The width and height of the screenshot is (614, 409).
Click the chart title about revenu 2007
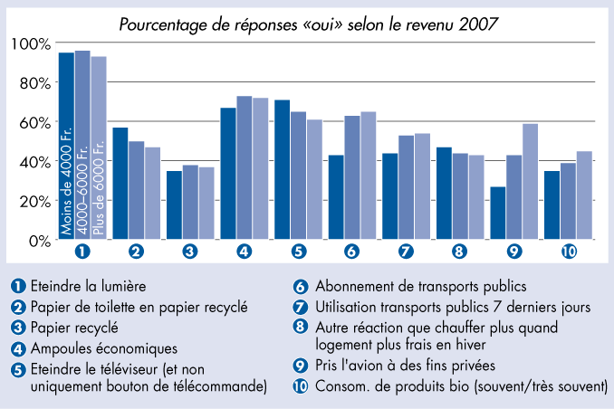[x=308, y=24]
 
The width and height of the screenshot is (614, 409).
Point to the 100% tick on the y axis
[x=31, y=43]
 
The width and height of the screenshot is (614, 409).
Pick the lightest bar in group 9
[x=531, y=182]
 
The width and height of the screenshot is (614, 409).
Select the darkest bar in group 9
[x=498, y=214]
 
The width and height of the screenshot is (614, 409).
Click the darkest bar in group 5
[x=283, y=170]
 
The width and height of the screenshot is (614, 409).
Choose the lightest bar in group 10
[x=584, y=195]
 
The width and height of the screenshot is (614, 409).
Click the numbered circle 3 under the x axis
[x=190, y=252]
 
